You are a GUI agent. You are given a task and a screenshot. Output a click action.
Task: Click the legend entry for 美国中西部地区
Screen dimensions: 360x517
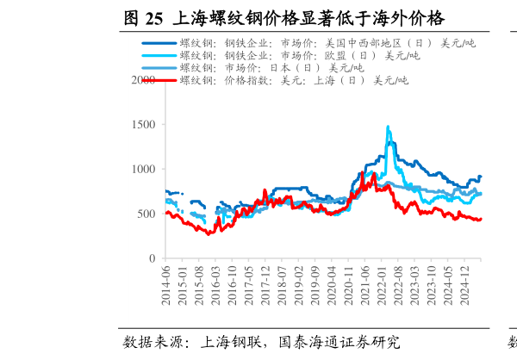[327, 43]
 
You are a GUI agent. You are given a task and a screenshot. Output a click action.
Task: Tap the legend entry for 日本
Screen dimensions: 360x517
[271, 68]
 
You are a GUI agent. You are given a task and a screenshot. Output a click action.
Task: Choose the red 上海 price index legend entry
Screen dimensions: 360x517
[293, 80]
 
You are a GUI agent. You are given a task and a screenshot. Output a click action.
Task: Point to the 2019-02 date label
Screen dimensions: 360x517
[297, 283]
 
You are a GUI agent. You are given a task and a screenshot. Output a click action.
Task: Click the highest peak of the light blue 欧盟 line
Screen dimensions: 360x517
[388, 127]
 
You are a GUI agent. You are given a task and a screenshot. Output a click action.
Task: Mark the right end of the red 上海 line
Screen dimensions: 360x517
[481, 219]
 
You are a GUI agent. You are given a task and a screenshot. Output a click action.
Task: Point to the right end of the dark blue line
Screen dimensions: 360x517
[481, 177]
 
